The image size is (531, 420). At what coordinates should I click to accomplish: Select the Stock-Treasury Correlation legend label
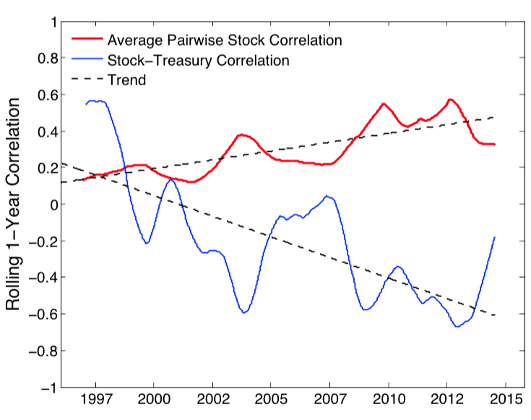point(197,59)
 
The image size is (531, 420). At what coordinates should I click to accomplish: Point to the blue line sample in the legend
point(85,59)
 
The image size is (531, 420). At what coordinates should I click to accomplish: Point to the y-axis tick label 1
point(52,22)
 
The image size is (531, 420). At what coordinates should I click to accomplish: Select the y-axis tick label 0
point(52,205)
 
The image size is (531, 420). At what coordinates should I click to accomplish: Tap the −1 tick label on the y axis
point(48,388)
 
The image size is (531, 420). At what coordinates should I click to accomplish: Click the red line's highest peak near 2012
point(450,100)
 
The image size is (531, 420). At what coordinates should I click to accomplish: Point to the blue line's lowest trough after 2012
point(457,327)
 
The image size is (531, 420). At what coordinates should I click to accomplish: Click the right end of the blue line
point(494,237)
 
